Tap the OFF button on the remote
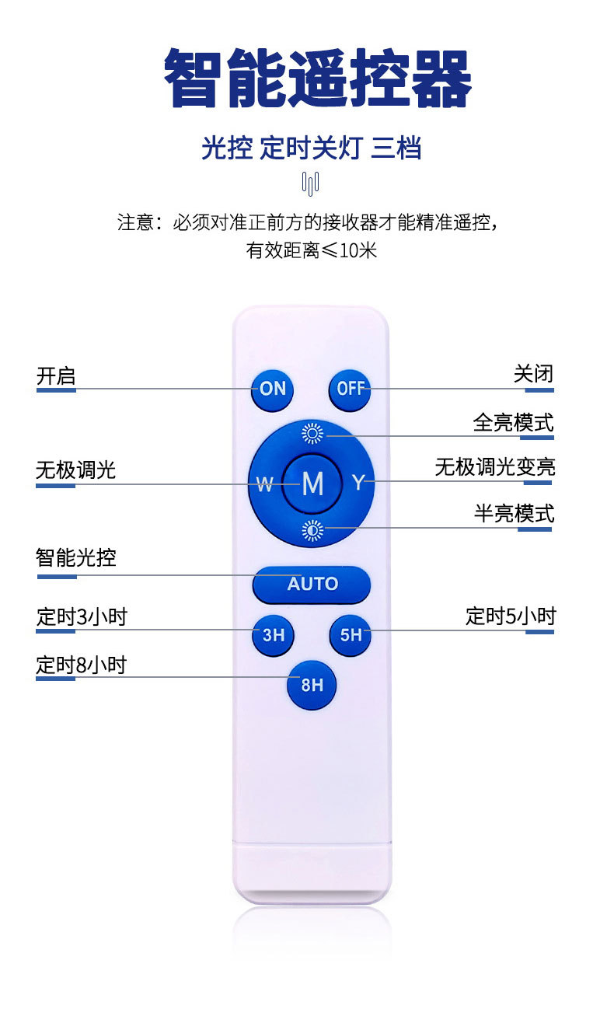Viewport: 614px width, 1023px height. (x=350, y=388)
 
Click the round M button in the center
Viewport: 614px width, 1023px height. (x=312, y=484)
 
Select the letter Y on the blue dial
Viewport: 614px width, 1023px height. (x=358, y=483)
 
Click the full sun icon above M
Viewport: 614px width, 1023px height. (x=312, y=434)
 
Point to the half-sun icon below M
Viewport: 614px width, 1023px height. (x=312, y=531)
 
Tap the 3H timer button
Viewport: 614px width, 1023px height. (x=273, y=635)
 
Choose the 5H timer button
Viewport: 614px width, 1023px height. (x=351, y=635)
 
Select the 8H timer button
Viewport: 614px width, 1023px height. (x=312, y=685)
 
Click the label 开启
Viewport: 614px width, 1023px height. (x=56, y=376)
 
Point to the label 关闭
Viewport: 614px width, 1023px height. (x=533, y=374)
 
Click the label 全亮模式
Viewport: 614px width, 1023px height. (x=513, y=423)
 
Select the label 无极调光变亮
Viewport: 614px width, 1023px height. (x=494, y=467)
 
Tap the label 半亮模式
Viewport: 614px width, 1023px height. (x=514, y=514)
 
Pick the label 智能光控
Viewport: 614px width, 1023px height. (x=76, y=557)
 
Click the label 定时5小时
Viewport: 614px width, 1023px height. (x=511, y=616)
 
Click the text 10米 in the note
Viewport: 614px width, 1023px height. (x=358, y=251)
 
